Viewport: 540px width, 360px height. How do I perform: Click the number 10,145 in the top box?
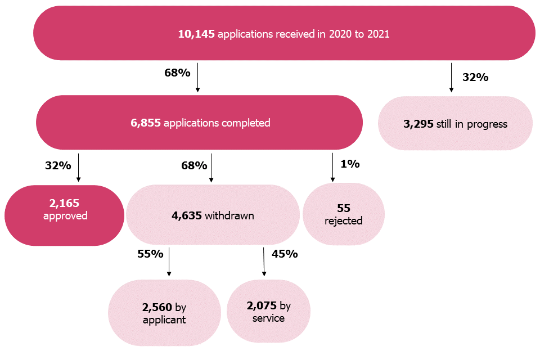click(196, 34)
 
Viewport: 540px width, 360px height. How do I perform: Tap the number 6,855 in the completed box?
click(146, 123)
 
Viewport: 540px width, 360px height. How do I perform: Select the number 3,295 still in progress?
click(418, 124)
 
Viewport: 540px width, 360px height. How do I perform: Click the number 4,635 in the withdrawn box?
click(187, 215)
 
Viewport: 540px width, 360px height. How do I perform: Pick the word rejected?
click(343, 220)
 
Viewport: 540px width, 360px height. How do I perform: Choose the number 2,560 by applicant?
click(157, 308)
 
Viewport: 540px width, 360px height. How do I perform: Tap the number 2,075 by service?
click(262, 306)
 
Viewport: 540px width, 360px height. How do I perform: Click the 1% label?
click(350, 164)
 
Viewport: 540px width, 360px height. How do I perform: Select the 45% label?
click(285, 254)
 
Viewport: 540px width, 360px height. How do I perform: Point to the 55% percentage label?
click(150, 254)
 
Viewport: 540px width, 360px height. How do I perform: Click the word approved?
click(65, 216)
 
